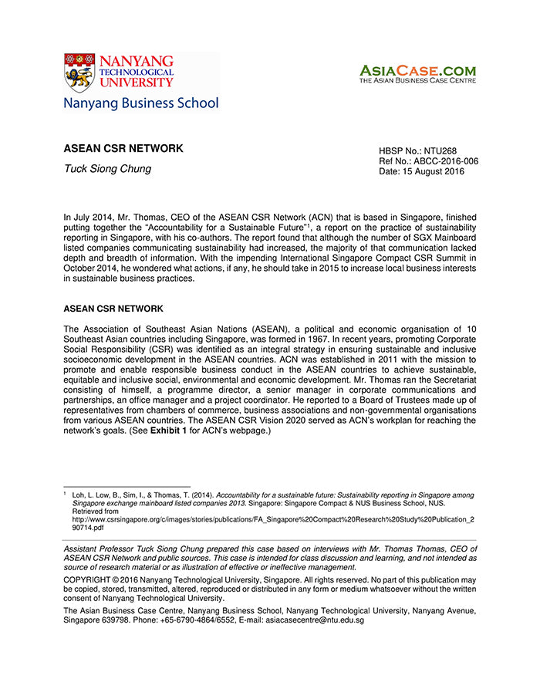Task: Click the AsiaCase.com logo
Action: tap(417, 74)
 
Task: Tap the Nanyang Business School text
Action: tap(141, 103)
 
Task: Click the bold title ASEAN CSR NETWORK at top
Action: tap(123, 148)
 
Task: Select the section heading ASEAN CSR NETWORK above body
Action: tap(113, 309)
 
